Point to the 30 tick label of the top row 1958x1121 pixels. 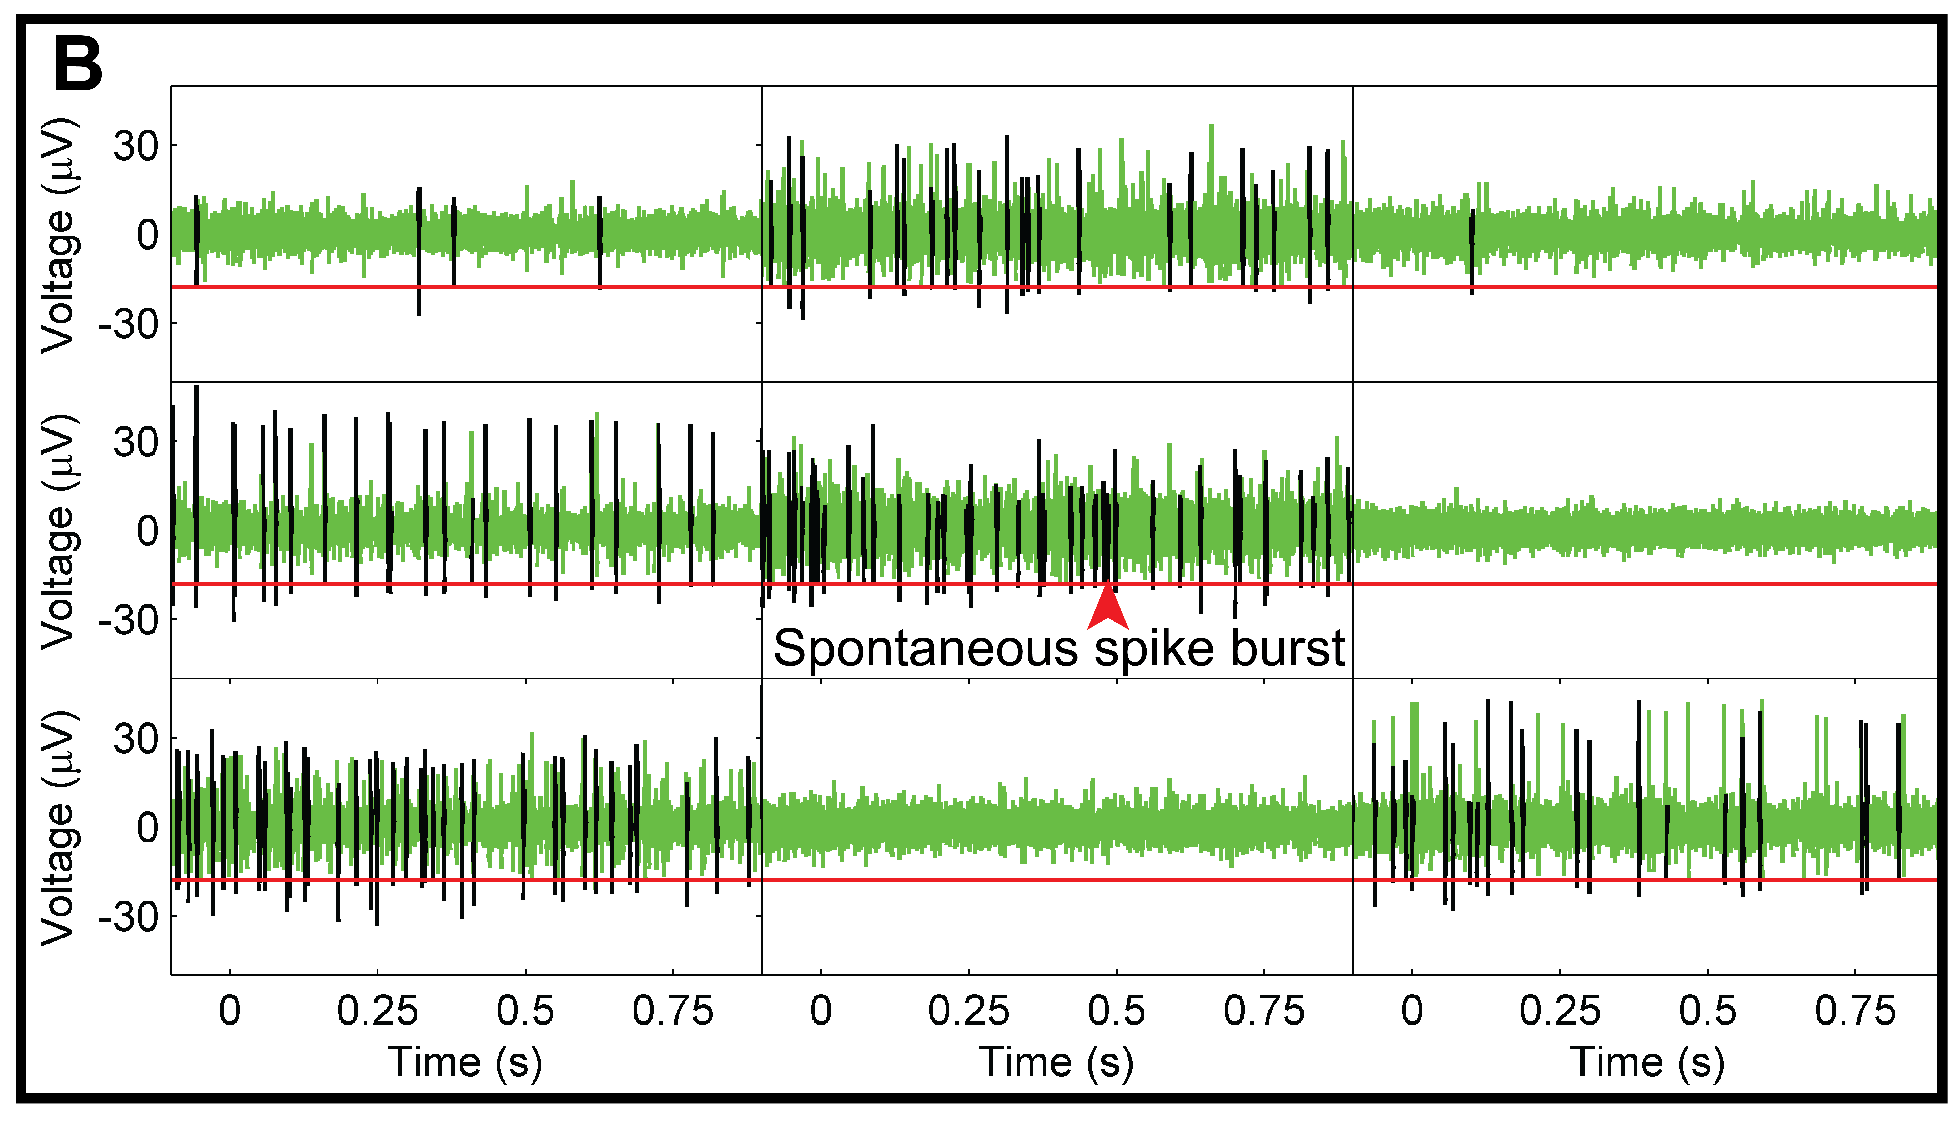pos(136,146)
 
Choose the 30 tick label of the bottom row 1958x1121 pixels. pos(136,739)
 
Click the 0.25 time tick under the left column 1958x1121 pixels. pos(377,1011)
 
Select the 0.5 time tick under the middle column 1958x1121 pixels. pos(1116,1011)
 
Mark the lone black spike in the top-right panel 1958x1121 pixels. pos(1471,250)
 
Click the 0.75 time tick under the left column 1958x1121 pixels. pos(673,1011)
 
